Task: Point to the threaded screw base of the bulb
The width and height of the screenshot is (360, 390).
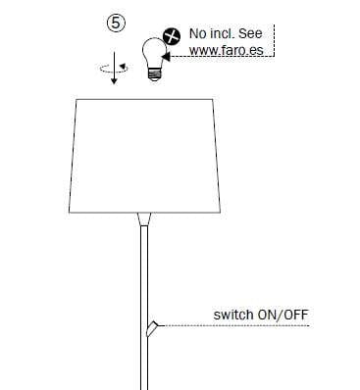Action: [154, 73]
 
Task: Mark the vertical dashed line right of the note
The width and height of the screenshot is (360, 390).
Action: [273, 43]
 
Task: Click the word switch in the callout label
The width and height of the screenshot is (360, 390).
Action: [231, 316]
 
